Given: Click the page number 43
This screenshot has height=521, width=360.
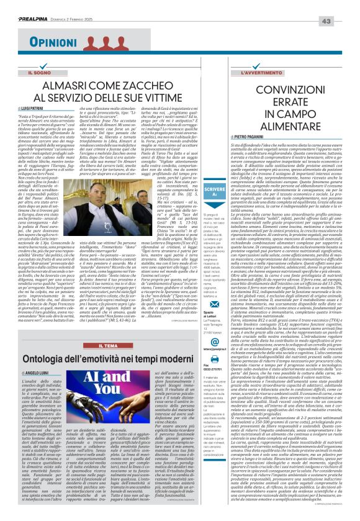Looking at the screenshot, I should (x=344, y=4).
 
